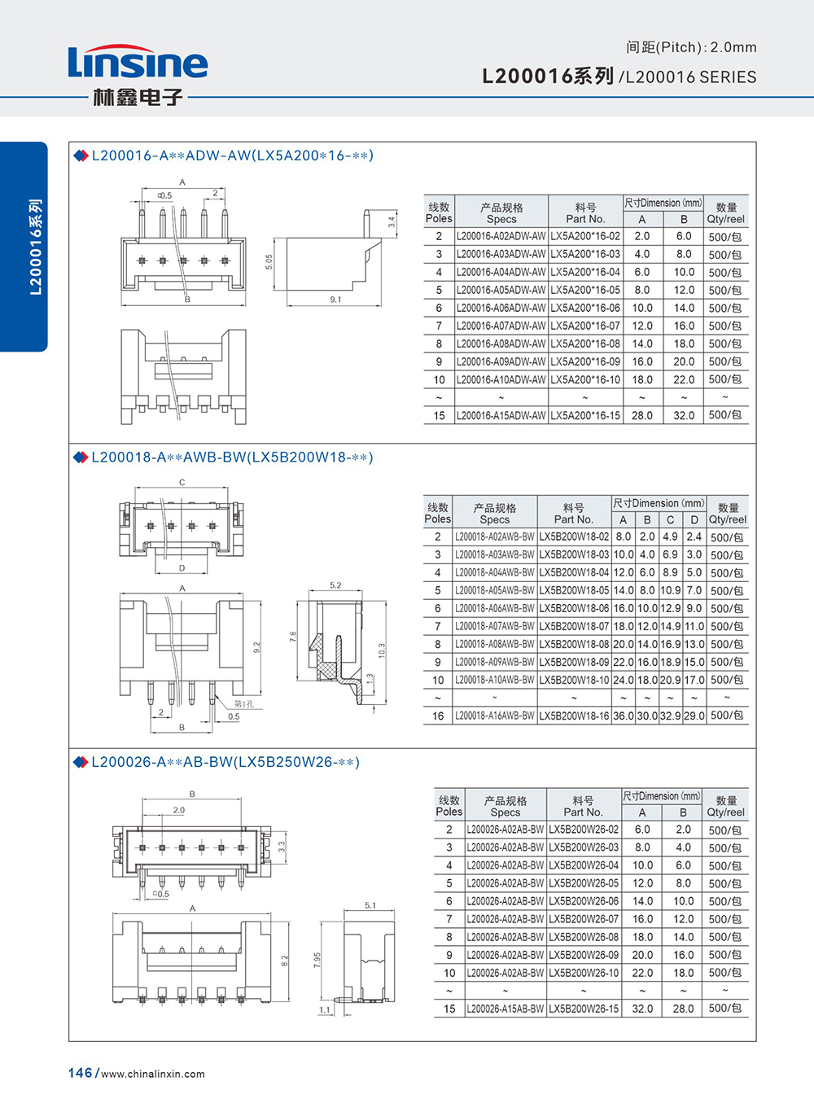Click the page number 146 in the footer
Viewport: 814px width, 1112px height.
click(x=80, y=1073)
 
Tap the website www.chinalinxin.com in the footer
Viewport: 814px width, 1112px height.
click(x=153, y=1074)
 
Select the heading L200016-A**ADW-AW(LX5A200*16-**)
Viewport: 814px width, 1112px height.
click(x=232, y=155)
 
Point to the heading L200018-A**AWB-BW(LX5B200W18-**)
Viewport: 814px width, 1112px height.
click(x=232, y=457)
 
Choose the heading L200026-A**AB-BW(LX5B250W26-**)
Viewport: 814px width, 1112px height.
click(x=225, y=762)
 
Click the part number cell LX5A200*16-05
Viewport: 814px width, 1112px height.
click(x=585, y=290)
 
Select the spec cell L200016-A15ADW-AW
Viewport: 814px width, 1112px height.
click(x=501, y=415)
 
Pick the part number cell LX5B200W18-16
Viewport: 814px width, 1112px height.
click(x=574, y=716)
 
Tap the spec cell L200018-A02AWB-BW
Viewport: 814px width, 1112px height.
click(x=495, y=537)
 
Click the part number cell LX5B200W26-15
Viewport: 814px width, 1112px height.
click(x=584, y=1009)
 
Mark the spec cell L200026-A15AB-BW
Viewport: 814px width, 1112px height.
click(x=505, y=1009)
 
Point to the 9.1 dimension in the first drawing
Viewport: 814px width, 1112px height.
click(x=335, y=300)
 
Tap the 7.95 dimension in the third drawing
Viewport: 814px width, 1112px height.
click(x=317, y=960)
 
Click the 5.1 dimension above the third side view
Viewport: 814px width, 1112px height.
click(x=370, y=905)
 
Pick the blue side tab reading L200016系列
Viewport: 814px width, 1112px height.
click(x=35, y=246)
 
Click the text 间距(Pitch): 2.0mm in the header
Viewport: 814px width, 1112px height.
click(x=691, y=47)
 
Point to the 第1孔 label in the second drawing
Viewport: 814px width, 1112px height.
click(x=243, y=703)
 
